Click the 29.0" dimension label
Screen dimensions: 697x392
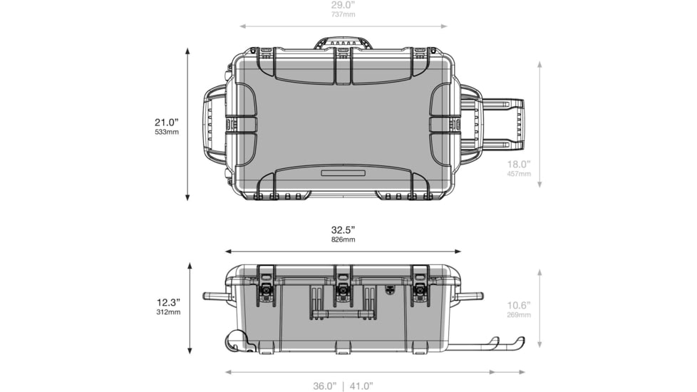[343, 5]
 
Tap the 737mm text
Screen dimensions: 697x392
[343, 14]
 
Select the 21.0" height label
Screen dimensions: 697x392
[167, 122]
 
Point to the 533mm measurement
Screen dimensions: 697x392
[167, 132]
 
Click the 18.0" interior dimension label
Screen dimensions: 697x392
[519, 165]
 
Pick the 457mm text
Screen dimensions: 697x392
[519, 174]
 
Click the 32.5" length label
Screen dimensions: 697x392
[344, 230]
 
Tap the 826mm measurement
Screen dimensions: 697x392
[344, 239]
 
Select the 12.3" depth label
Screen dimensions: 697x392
[168, 303]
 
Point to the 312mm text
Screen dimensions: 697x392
[168, 312]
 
